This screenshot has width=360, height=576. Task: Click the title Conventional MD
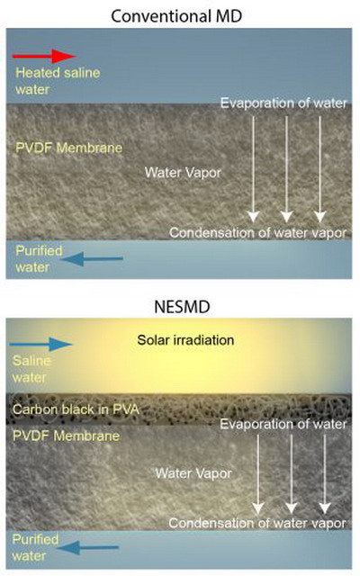[x=176, y=16]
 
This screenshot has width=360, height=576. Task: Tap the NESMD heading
[x=182, y=307]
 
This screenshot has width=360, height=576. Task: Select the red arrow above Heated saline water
[x=44, y=56]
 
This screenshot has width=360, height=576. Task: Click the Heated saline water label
[x=58, y=81]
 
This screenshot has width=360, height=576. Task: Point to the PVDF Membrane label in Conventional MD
[x=68, y=148]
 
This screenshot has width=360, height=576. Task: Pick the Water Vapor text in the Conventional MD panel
[x=183, y=172]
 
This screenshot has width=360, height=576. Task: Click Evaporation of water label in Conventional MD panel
[x=283, y=103]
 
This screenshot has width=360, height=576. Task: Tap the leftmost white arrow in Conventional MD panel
[x=253, y=169]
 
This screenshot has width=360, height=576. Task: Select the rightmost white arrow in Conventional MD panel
[x=320, y=169]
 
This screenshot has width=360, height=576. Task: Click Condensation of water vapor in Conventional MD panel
[x=258, y=232]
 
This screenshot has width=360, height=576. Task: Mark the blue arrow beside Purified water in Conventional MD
[x=92, y=259]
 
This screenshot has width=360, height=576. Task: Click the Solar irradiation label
[x=185, y=340]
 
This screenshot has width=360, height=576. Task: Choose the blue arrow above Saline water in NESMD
[x=41, y=344]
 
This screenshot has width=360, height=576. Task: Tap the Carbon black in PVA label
[x=76, y=409]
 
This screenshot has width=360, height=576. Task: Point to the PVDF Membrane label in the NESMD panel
[x=66, y=436]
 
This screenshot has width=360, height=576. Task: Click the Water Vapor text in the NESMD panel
[x=193, y=473]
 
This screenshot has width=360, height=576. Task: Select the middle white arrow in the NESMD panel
[x=292, y=474]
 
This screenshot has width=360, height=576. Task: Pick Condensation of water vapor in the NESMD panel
[x=257, y=523]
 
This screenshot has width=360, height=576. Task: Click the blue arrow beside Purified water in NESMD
[x=88, y=548]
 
